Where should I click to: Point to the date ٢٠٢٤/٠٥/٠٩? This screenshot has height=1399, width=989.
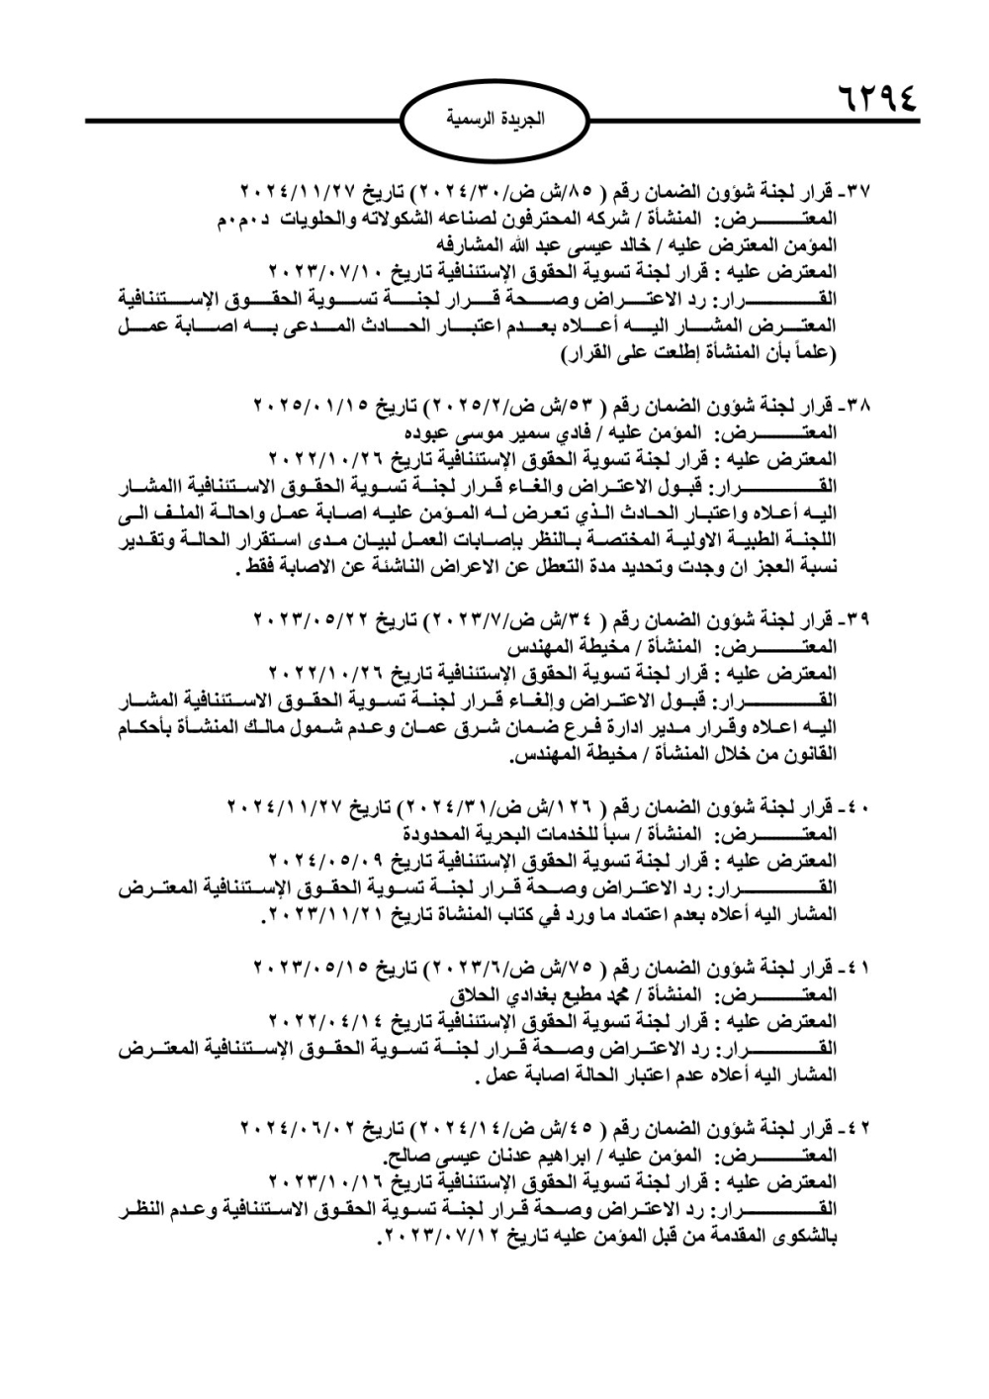tap(317, 857)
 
